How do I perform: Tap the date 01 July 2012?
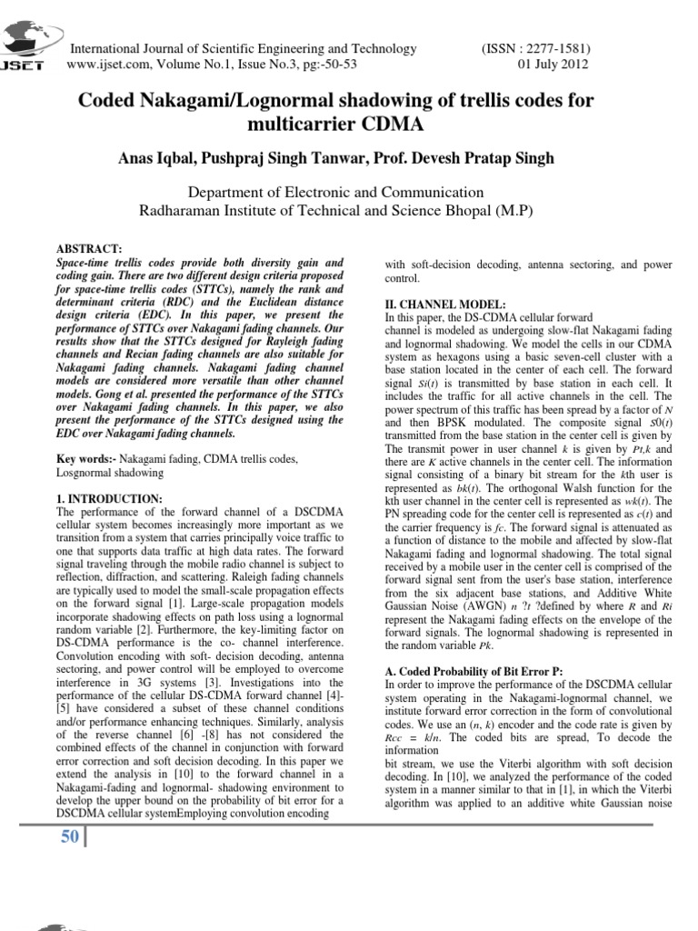coord(553,65)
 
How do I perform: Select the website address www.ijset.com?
coord(110,65)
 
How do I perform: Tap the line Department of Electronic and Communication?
coord(334,192)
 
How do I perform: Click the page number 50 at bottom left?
coord(69,836)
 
